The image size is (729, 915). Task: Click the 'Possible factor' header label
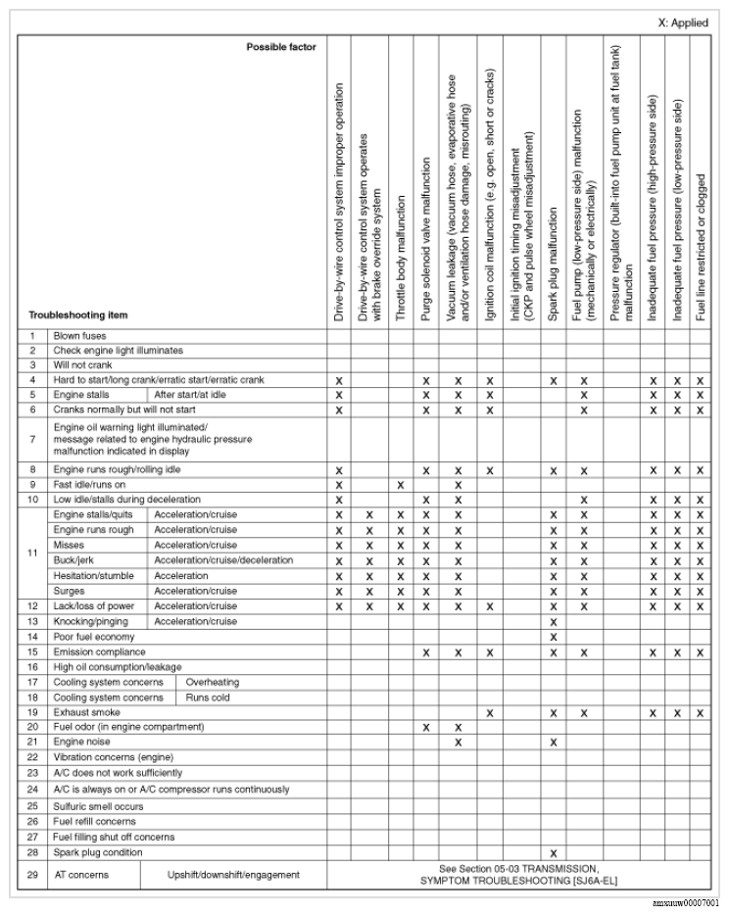pyautogui.click(x=281, y=46)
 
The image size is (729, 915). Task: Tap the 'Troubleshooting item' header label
pyautogui.click(x=76, y=315)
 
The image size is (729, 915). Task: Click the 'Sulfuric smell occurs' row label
pyautogui.click(x=98, y=805)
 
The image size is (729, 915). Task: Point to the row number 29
pyautogui.click(x=32, y=874)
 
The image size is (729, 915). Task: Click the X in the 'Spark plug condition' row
pyautogui.click(x=554, y=853)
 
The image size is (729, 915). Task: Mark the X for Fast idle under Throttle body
pyautogui.click(x=400, y=485)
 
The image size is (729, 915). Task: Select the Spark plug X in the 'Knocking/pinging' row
pyautogui.click(x=554, y=622)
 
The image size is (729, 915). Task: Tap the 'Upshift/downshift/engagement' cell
pyautogui.click(x=233, y=874)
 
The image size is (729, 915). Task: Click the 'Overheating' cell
pyautogui.click(x=212, y=682)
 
